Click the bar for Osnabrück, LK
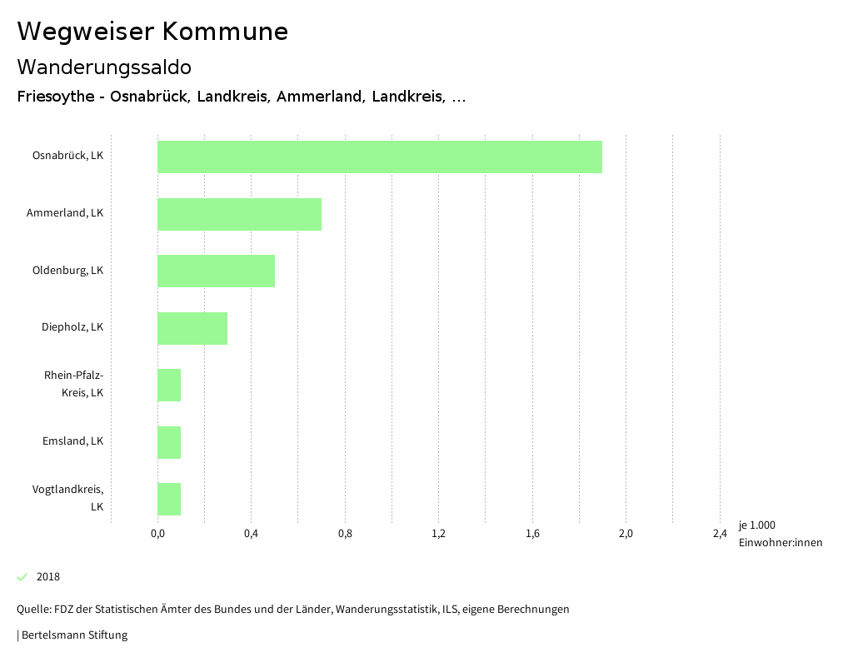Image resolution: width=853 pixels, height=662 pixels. pyautogui.click(x=379, y=157)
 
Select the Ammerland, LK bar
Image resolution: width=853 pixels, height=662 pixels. pyautogui.click(x=239, y=214)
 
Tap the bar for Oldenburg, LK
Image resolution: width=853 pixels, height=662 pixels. pyautogui.click(x=216, y=271)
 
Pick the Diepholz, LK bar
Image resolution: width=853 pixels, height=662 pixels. pyautogui.click(x=192, y=328)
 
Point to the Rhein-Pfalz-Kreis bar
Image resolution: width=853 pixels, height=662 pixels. pyautogui.click(x=169, y=385)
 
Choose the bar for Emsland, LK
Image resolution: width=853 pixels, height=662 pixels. pyautogui.click(x=169, y=442)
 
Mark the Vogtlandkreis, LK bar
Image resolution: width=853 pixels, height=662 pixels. pyautogui.click(x=169, y=499)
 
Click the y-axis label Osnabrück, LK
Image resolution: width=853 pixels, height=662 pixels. pyautogui.click(x=67, y=156)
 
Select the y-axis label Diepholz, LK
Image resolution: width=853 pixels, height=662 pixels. pyautogui.click(x=72, y=327)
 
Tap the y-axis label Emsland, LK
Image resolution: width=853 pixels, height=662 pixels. pyautogui.click(x=72, y=441)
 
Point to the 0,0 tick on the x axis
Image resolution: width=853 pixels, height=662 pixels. pyautogui.click(x=157, y=534)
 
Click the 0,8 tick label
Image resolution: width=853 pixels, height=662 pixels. pyautogui.click(x=345, y=534)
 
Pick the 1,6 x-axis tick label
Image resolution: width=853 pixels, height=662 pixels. pyautogui.click(x=532, y=534)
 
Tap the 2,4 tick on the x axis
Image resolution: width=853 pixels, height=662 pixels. pyautogui.click(x=720, y=534)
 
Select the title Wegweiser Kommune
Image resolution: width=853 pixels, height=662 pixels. pyautogui.click(x=152, y=32)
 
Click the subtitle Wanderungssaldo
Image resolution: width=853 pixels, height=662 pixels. pyautogui.click(x=104, y=67)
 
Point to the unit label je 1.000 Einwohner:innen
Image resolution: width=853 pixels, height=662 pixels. pyautogui.click(x=780, y=534)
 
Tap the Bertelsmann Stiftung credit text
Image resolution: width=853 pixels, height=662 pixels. pyautogui.click(x=74, y=635)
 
